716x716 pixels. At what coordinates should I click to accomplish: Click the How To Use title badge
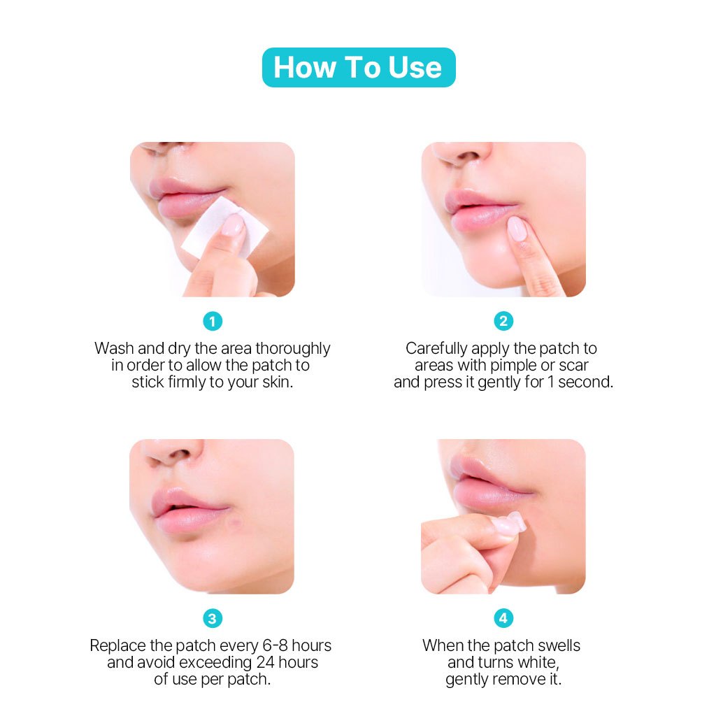[359, 68]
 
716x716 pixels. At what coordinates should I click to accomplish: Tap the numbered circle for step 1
[213, 322]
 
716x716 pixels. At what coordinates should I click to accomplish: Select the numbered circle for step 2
[503, 321]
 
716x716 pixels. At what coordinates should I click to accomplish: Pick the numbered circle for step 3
[213, 619]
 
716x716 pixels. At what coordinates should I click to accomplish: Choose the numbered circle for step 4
[503, 618]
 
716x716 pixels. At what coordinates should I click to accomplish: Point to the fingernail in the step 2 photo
[516, 228]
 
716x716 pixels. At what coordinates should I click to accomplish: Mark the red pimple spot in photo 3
[236, 521]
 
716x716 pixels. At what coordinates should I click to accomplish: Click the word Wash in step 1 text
[114, 348]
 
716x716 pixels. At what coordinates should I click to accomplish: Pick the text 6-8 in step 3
[275, 645]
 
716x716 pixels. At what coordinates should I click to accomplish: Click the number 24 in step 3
[265, 663]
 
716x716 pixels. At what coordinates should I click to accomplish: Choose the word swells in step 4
[559, 645]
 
